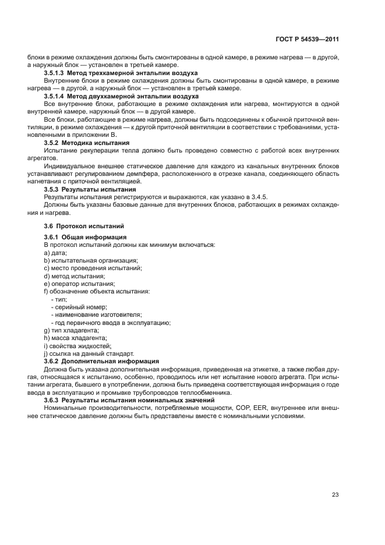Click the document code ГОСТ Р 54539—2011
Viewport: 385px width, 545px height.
click(307, 40)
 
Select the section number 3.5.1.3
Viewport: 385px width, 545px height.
click(55, 73)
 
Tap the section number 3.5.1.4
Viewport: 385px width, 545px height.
click(55, 96)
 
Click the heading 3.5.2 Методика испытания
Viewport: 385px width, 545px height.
click(87, 143)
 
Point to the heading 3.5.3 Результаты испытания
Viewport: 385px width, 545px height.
click(90, 190)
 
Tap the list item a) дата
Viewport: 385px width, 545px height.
click(55, 253)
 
